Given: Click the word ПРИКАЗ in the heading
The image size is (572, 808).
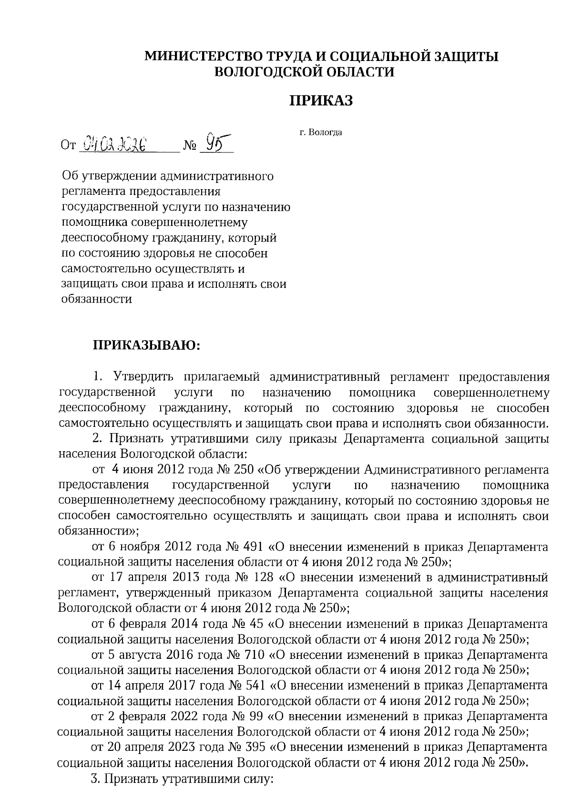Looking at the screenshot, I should click(x=322, y=101).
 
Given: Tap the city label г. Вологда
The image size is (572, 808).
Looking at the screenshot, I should click(x=321, y=132).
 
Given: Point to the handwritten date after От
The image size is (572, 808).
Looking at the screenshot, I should click(x=114, y=143).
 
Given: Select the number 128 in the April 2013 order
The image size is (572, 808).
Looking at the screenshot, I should click(x=261, y=577).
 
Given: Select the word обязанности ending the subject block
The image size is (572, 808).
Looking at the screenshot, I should click(x=97, y=299).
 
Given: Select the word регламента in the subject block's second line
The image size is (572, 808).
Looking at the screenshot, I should click(x=92, y=192).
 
